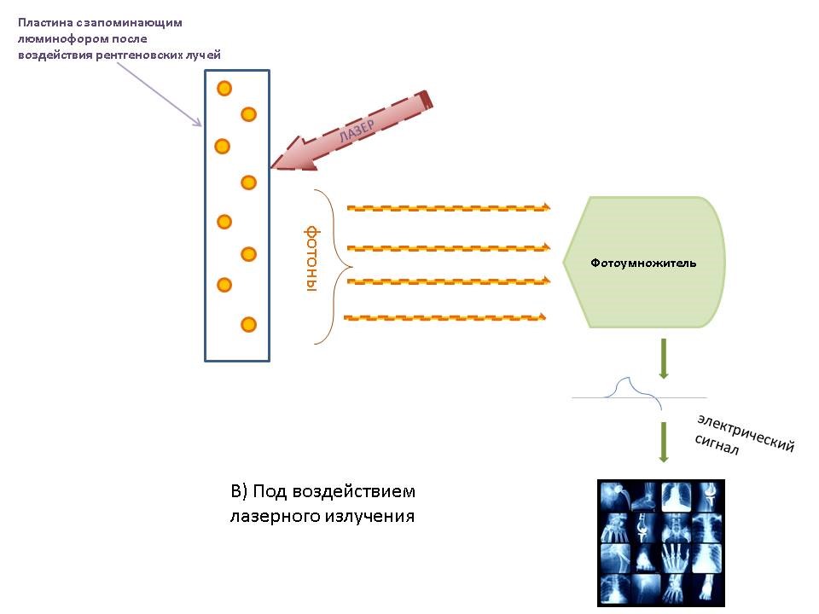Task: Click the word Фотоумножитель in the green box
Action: coord(643,263)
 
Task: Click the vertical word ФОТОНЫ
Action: coord(311,259)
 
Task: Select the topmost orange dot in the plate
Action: coord(224,88)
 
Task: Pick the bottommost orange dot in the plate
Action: coord(248,324)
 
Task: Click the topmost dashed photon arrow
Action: coord(448,207)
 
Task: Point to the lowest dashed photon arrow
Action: coord(444,318)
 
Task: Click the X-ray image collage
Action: coord(661,542)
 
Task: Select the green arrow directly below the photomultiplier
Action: coord(663,359)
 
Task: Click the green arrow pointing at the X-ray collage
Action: coord(663,442)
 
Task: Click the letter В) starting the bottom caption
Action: coord(239,492)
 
